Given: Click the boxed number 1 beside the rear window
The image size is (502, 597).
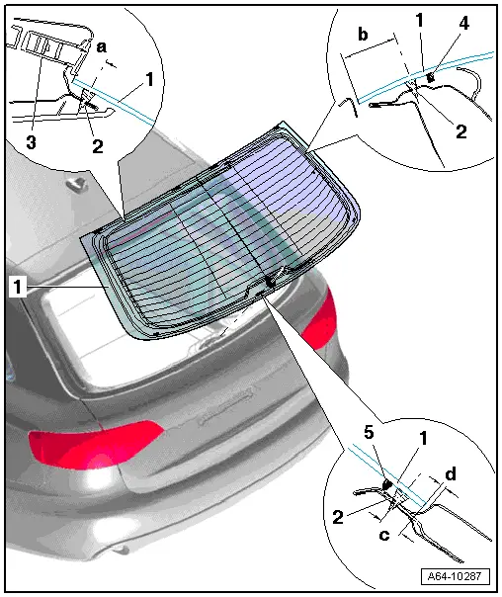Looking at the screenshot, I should tap(17, 288).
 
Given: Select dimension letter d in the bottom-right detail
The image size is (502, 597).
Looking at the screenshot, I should tap(451, 474).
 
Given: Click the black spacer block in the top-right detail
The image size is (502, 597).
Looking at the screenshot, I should tap(431, 75).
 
